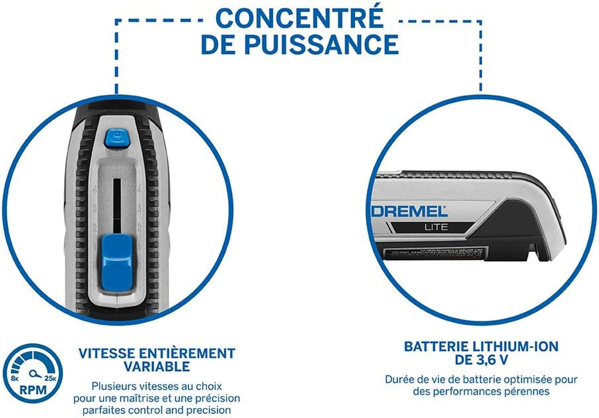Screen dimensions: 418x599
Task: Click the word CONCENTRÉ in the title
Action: (x=299, y=19)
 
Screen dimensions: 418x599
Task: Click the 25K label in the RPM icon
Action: (x=51, y=377)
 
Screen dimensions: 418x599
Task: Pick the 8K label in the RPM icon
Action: (x=14, y=377)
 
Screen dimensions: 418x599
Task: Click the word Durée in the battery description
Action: (x=399, y=379)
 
